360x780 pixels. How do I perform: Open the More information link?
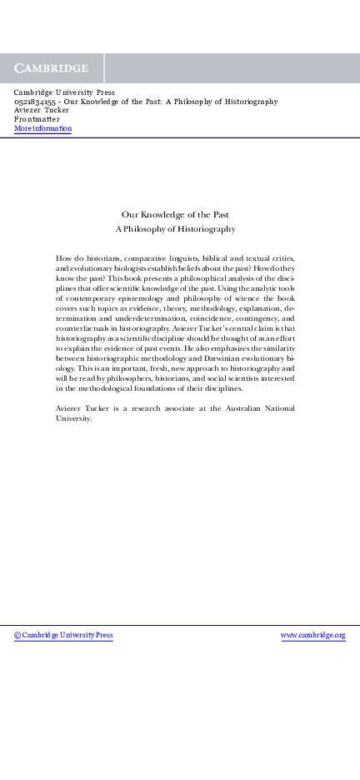42,128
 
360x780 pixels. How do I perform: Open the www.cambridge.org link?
312,635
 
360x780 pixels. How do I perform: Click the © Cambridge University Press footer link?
63,635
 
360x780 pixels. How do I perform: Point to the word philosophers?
128,377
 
